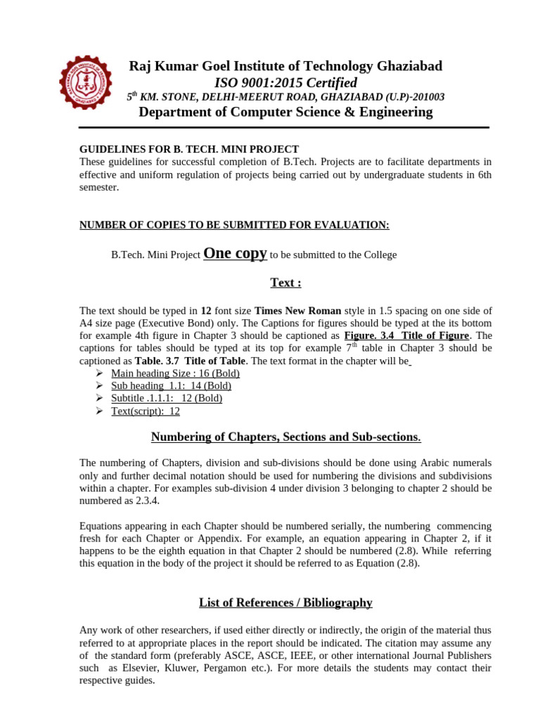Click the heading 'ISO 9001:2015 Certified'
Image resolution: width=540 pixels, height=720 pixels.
click(x=285, y=83)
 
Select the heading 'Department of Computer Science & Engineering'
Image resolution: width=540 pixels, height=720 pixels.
click(x=285, y=112)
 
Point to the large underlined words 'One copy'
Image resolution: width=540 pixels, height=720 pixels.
click(x=235, y=254)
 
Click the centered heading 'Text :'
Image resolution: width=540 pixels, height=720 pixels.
click(x=285, y=283)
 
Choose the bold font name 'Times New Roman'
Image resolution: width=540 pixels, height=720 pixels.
click(x=297, y=311)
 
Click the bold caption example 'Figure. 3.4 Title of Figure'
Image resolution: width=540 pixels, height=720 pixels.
click(x=406, y=336)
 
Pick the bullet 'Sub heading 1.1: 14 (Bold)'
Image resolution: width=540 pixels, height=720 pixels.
click(x=171, y=386)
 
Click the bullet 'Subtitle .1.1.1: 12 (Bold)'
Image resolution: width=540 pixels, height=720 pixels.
click(x=167, y=399)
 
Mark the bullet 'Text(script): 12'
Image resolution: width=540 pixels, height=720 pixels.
click(x=146, y=411)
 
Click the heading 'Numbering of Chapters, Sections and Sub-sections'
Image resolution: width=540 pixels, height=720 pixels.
click(x=285, y=437)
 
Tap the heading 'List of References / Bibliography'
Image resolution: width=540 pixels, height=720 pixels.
click(x=285, y=603)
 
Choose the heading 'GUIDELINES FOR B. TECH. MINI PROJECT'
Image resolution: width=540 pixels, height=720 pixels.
click(x=189, y=150)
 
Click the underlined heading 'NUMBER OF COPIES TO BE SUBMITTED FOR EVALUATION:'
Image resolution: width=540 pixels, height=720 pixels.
click(x=234, y=225)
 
